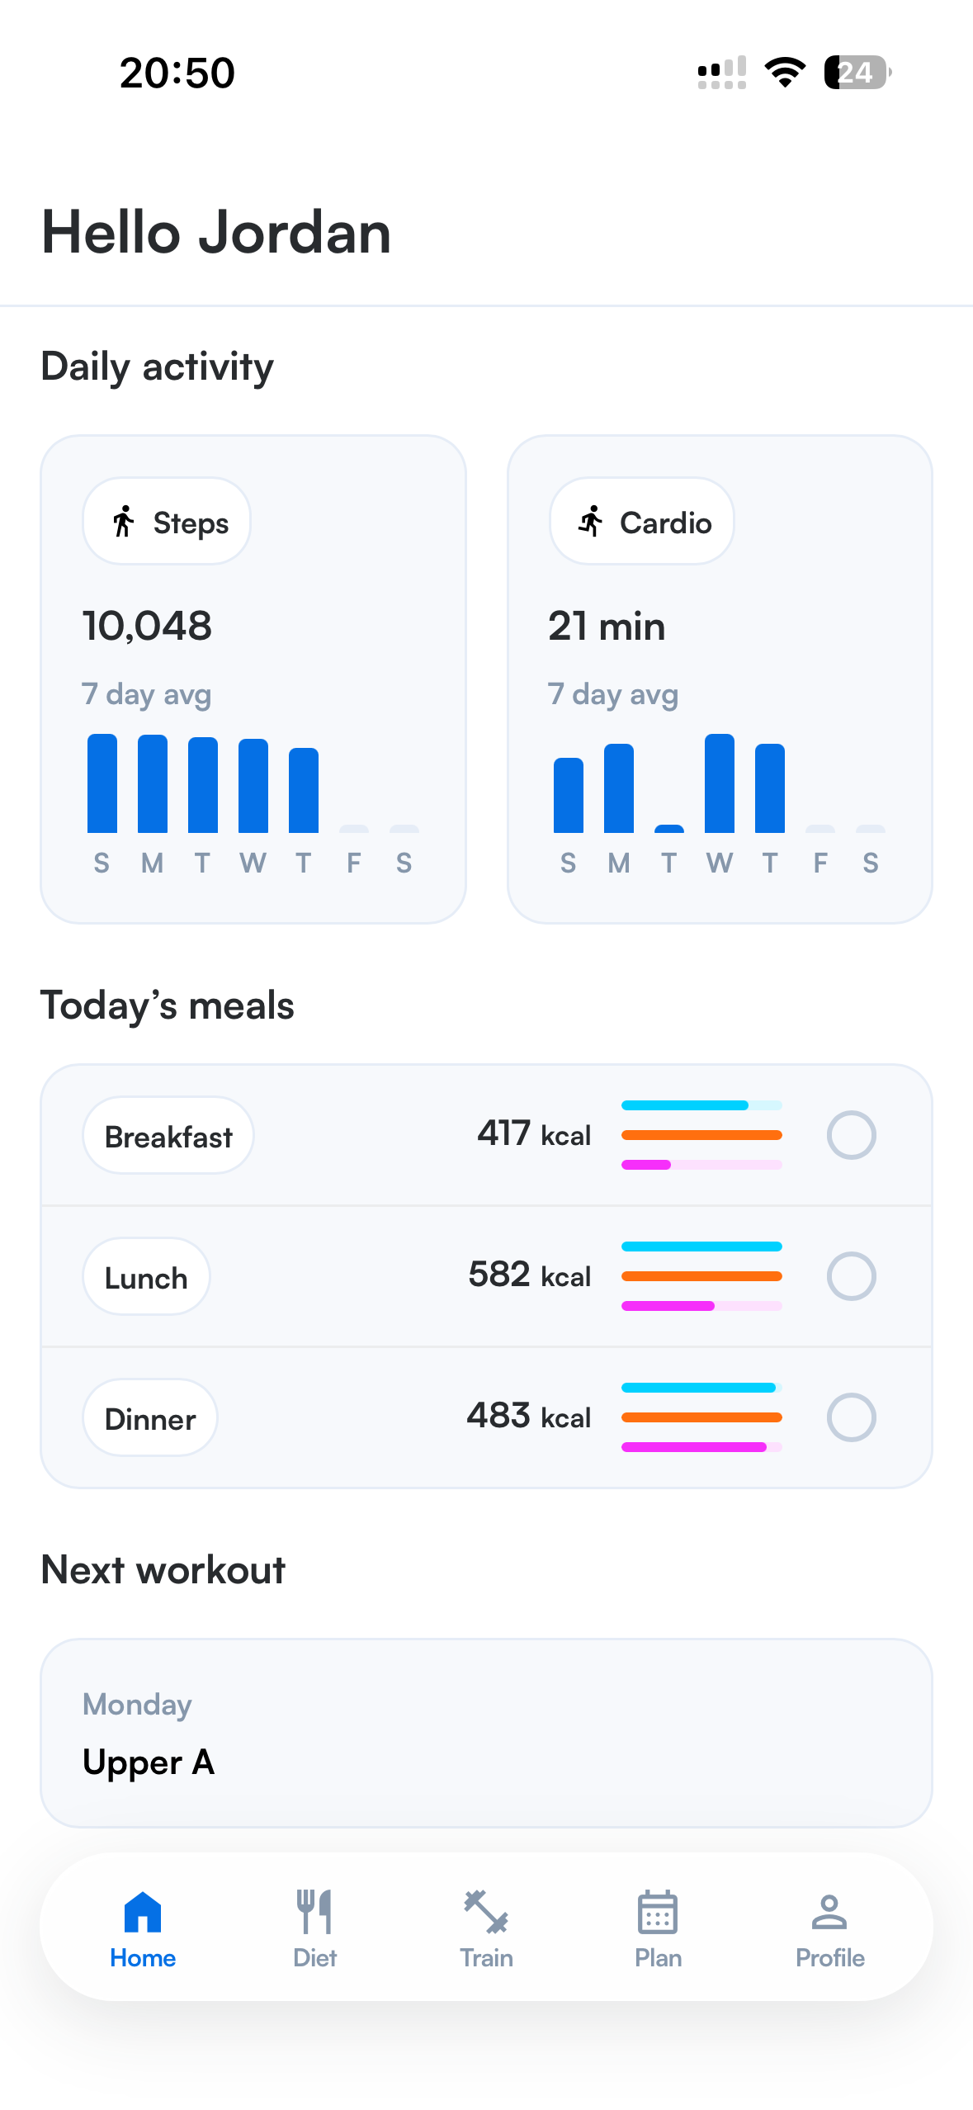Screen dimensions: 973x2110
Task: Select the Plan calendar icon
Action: pyautogui.click(x=658, y=1912)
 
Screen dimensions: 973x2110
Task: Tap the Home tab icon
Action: pyautogui.click(x=143, y=1912)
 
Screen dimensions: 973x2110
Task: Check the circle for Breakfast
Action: pyautogui.click(x=851, y=1135)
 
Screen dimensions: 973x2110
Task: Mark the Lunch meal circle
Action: pyautogui.click(x=851, y=1276)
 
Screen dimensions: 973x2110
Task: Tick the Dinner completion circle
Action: pyautogui.click(x=851, y=1417)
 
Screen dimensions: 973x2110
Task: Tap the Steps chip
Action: pyautogui.click(x=167, y=522)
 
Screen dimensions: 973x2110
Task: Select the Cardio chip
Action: pyautogui.click(x=642, y=522)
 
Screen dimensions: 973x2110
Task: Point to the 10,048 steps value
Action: pyautogui.click(x=147, y=626)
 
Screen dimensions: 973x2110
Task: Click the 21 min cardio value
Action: pyautogui.click(x=607, y=626)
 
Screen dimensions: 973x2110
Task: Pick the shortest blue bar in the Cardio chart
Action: pyautogui.click(x=669, y=828)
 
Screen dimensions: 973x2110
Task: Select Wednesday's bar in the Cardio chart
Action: pyautogui.click(x=720, y=783)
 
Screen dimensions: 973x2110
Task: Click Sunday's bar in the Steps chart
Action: pyautogui.click(x=102, y=783)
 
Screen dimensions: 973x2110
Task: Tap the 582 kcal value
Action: pyautogui.click(x=530, y=1275)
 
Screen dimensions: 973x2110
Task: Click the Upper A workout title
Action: pyautogui.click(x=149, y=1762)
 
